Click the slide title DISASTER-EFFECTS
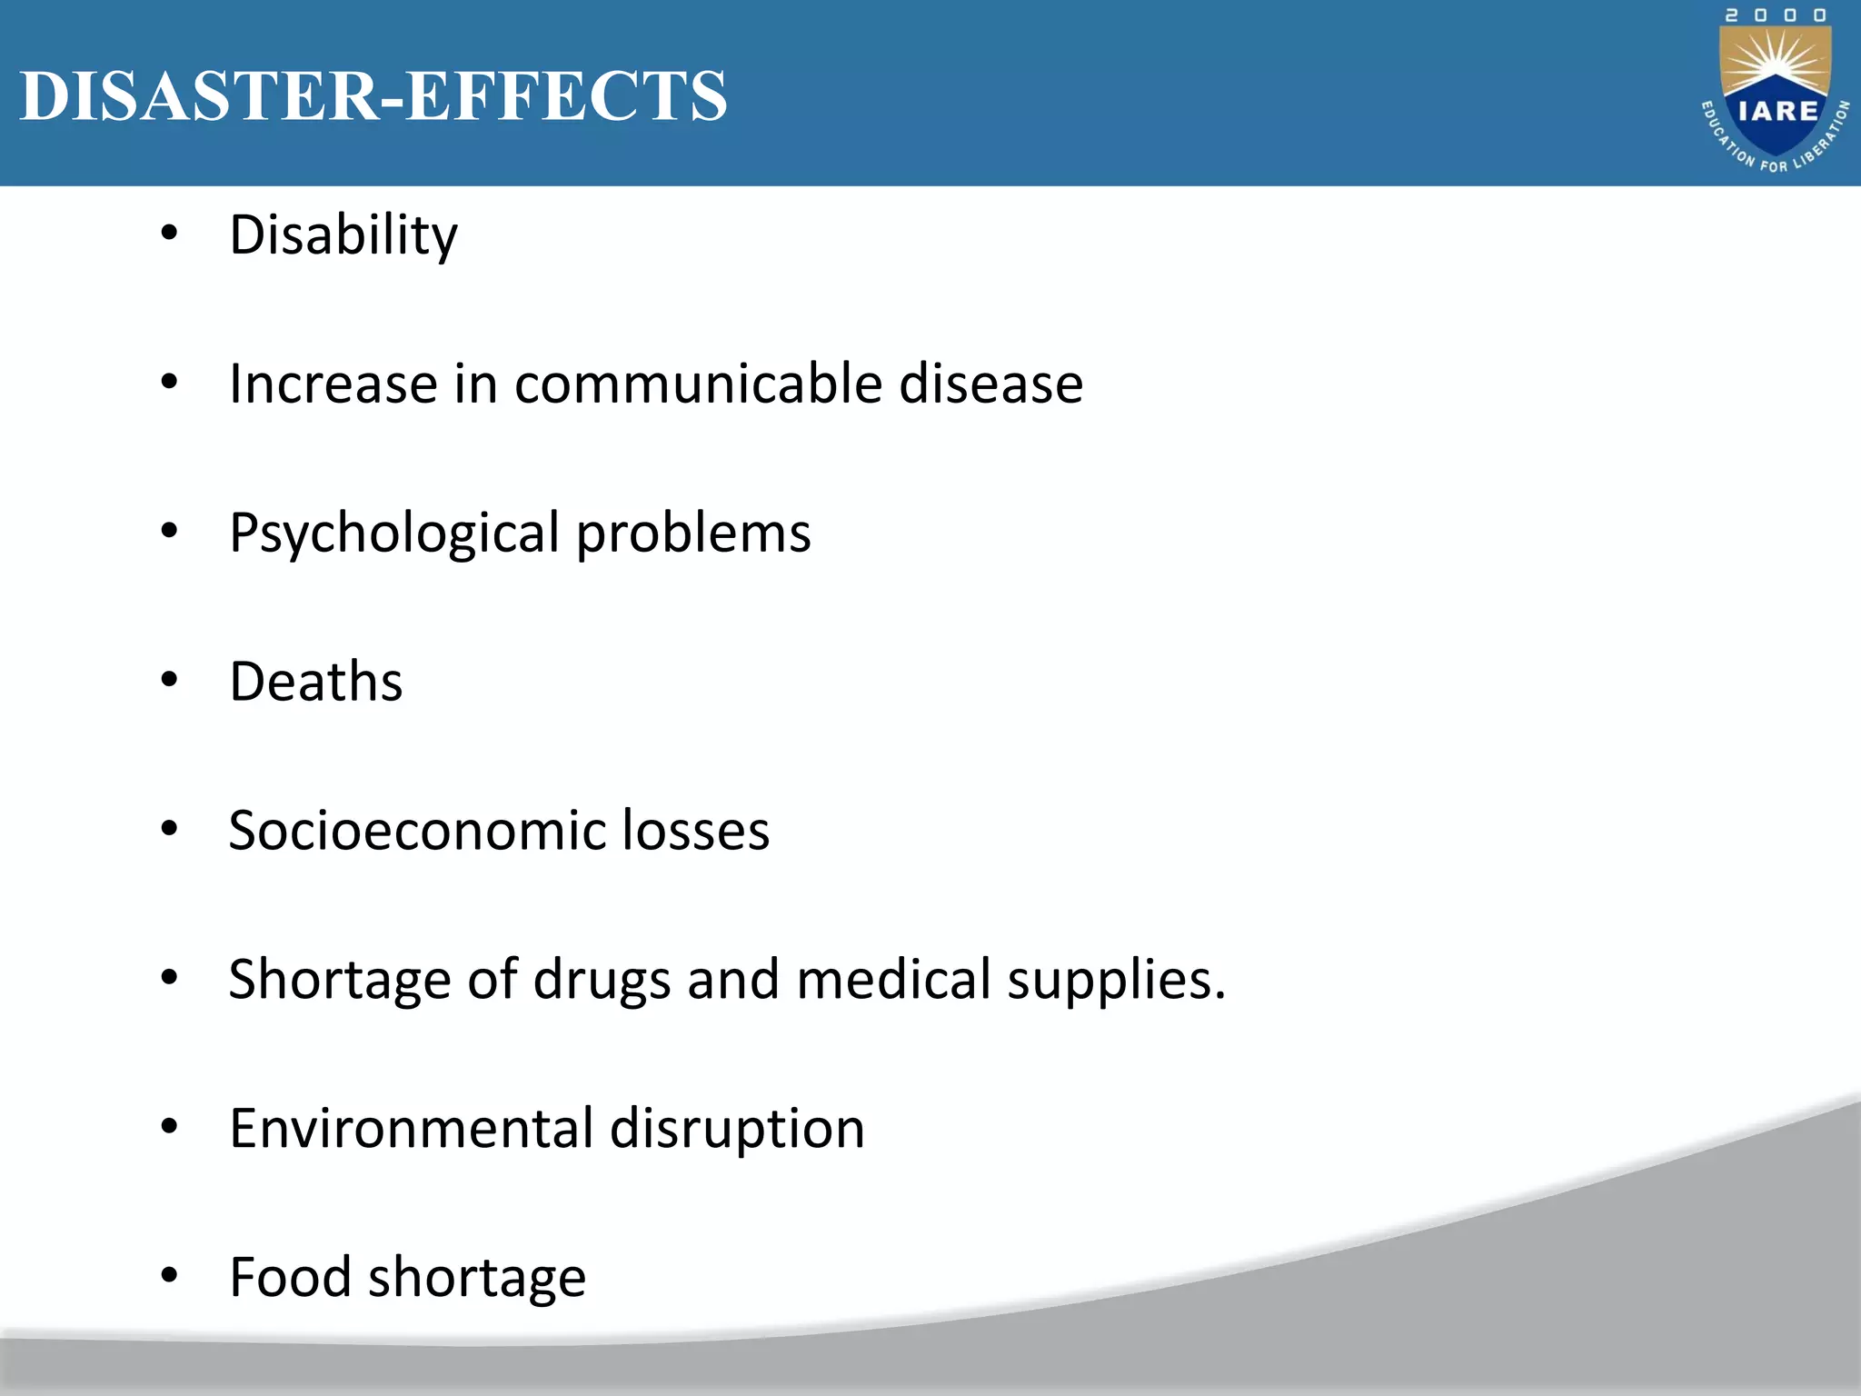coord(373,95)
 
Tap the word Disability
coord(343,235)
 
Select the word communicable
coord(698,384)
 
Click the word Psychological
coord(394,533)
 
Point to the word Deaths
coord(315,682)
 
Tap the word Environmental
coord(411,1129)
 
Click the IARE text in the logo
coord(1777,112)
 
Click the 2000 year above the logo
coord(1776,15)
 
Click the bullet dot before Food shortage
coord(169,1276)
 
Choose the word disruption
coord(737,1129)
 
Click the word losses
coord(695,831)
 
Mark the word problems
coord(693,533)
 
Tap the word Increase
coord(333,384)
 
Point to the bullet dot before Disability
coord(169,234)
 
